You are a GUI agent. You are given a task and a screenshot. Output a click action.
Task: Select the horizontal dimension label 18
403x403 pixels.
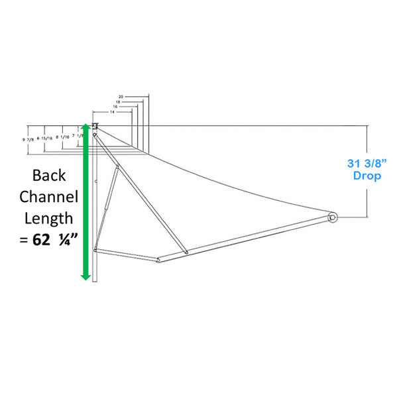[x=117, y=102]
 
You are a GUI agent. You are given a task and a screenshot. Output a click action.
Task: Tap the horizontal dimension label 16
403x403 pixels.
[x=115, y=107]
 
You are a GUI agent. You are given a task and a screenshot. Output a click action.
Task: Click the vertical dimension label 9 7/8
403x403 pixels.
[x=36, y=139]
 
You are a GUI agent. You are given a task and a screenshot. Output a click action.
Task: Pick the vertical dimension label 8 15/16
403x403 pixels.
[x=52, y=137]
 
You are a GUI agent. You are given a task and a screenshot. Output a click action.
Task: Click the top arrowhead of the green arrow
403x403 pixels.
[x=86, y=128]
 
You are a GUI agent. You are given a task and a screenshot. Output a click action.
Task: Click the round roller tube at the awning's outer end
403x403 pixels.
[x=332, y=216]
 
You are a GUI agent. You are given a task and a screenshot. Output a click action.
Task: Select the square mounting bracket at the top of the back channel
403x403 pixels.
[x=95, y=126]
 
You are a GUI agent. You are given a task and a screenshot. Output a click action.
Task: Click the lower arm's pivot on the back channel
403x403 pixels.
[x=96, y=250]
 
